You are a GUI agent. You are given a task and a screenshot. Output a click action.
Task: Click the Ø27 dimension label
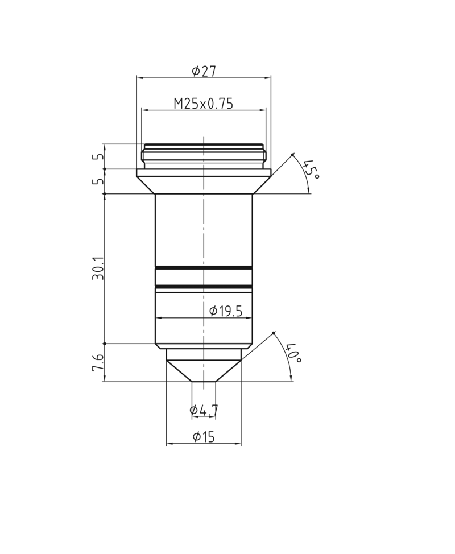pyautogui.click(x=204, y=71)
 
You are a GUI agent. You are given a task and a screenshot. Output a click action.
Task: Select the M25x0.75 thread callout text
pyautogui.click(x=204, y=104)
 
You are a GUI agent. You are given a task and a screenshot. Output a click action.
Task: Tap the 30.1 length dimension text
pyautogui.click(x=98, y=268)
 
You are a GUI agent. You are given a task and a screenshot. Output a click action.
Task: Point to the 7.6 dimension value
pyautogui.click(x=98, y=363)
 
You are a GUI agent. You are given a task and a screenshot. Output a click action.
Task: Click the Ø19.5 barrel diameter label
pyautogui.click(x=226, y=311)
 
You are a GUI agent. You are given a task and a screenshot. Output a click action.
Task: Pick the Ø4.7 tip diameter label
pyautogui.click(x=204, y=410)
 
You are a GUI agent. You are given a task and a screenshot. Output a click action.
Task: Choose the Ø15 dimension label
pyautogui.click(x=204, y=437)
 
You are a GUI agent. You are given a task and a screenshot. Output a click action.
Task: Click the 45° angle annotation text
pyautogui.click(x=311, y=169)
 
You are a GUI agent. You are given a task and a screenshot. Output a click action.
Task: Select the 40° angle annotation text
pyautogui.click(x=293, y=353)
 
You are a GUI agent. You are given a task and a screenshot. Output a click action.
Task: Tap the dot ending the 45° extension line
pyautogui.click(x=292, y=155)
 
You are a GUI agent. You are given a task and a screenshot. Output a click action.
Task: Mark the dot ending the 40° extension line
pyautogui.click(x=274, y=333)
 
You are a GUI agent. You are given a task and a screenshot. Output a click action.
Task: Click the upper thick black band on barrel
pyautogui.click(x=204, y=267)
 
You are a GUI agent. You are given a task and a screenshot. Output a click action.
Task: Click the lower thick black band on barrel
pyautogui.click(x=204, y=286)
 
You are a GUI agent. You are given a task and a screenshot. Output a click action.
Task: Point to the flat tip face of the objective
pyautogui.click(x=204, y=381)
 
